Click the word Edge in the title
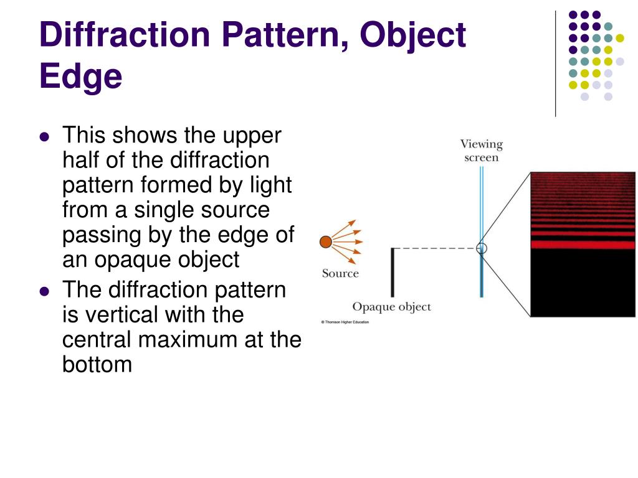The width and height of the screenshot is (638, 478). (80, 77)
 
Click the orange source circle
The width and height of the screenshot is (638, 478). (325, 242)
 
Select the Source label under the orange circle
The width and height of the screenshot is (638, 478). (340, 273)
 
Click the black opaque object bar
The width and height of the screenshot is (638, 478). (393, 272)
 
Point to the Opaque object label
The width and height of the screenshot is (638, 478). (391, 307)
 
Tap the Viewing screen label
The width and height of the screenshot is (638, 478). (481, 151)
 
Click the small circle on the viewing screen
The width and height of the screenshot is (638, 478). (481, 248)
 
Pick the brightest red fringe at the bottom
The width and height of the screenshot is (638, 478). (583, 245)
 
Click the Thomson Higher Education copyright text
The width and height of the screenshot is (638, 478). (345, 322)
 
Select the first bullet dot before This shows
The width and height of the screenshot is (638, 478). (44, 137)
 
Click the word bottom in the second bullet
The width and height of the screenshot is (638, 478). (97, 365)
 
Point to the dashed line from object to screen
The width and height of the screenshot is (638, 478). (436, 248)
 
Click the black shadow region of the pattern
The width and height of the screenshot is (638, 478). (583, 283)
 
